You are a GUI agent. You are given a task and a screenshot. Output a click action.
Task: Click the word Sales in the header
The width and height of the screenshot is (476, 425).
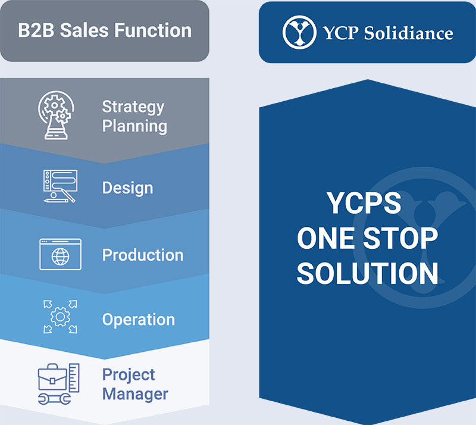(x=84, y=30)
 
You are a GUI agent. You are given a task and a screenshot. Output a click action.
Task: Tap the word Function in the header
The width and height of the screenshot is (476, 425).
(x=153, y=30)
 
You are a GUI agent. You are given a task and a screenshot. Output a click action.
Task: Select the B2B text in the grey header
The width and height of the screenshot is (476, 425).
(x=36, y=30)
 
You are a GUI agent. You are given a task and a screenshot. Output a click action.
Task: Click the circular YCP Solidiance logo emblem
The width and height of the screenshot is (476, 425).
(x=299, y=32)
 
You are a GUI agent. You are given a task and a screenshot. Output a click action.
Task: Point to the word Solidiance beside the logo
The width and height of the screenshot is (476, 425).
(x=409, y=33)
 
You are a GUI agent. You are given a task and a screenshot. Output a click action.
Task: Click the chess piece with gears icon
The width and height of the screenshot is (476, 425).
(x=56, y=115)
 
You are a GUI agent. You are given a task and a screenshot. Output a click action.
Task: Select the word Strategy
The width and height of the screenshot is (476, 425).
(x=133, y=107)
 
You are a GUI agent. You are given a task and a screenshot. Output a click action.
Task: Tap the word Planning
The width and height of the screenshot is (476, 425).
(x=134, y=126)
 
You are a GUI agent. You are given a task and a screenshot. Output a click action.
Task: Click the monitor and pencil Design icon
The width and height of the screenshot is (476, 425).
(x=60, y=186)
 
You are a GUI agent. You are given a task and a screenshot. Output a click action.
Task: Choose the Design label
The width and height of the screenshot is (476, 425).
(x=128, y=187)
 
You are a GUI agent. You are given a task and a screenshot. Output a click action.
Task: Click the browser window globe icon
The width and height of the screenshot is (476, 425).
(x=61, y=254)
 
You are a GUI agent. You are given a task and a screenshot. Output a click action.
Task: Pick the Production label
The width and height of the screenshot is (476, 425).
(x=143, y=255)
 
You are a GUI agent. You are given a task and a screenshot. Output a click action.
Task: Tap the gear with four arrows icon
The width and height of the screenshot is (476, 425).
(x=60, y=317)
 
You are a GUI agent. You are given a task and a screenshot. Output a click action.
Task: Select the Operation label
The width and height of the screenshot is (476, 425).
(x=139, y=320)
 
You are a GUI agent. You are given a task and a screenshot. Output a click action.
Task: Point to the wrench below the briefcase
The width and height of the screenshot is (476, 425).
(x=54, y=399)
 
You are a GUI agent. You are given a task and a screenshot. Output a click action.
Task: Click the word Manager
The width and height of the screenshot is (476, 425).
(x=135, y=394)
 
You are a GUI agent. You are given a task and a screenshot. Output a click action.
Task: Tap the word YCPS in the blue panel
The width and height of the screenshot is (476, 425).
(x=364, y=203)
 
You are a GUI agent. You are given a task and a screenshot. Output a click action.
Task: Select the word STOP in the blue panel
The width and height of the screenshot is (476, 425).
(x=400, y=239)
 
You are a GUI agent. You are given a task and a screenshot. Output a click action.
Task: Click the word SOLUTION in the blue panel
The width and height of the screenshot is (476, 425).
(x=368, y=273)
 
